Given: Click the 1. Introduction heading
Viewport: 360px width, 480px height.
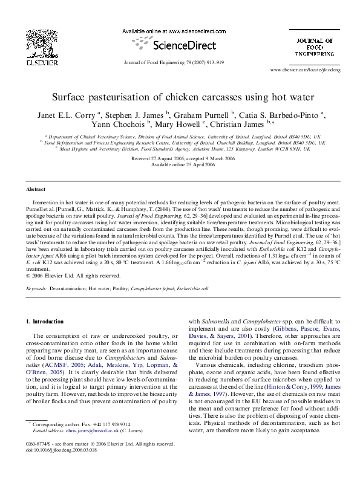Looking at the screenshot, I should pyautogui.click(x=47, y=321).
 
